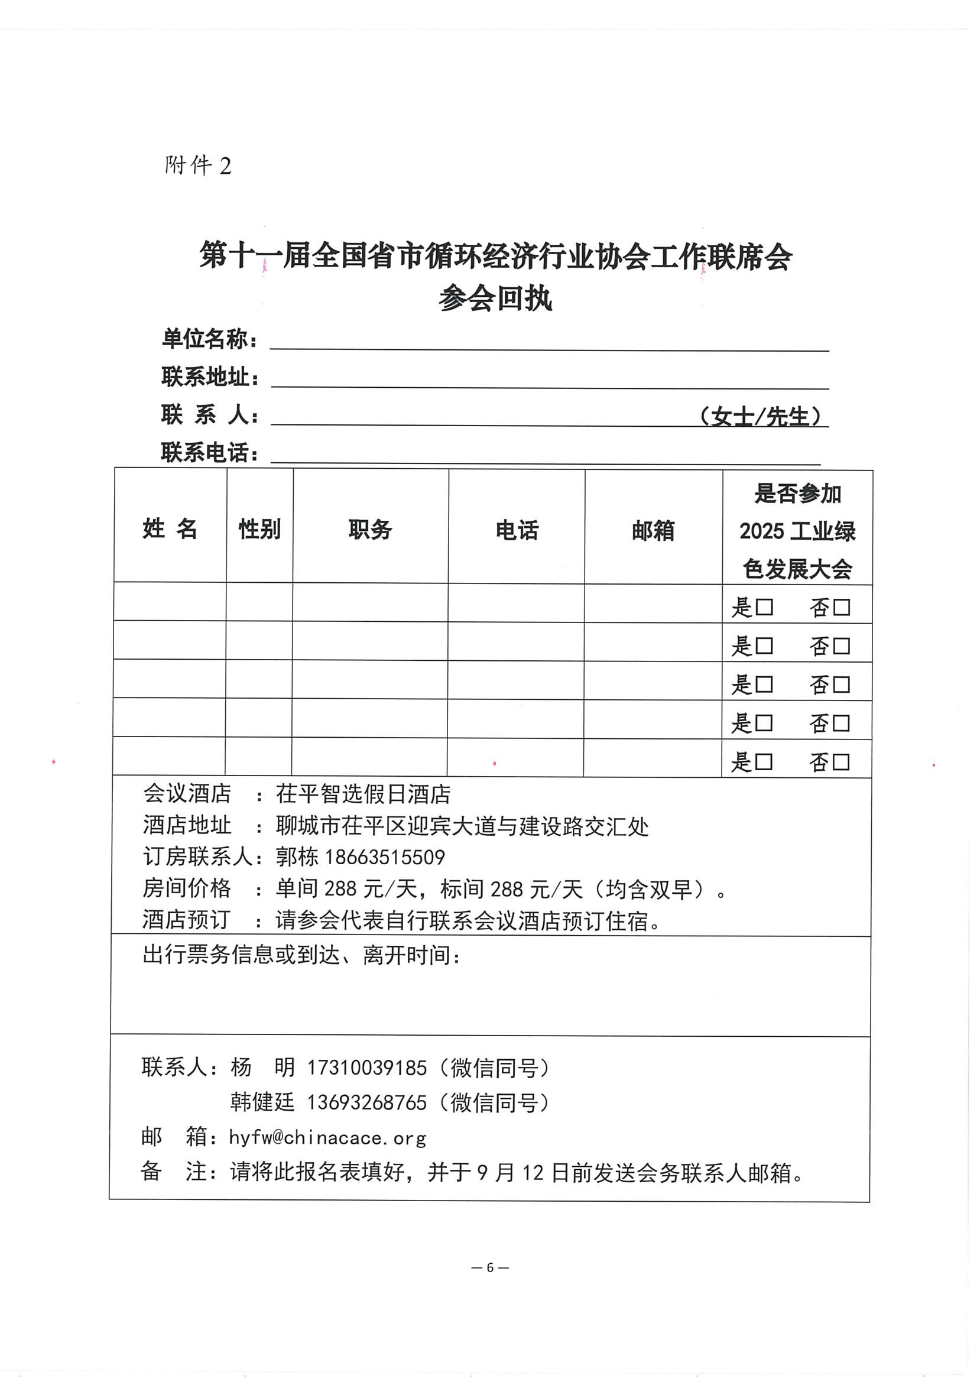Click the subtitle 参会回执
pos(495,299)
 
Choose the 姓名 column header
pos(170,528)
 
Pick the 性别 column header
pos(259,529)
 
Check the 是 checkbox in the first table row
pos(764,606)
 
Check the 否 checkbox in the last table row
pos(841,762)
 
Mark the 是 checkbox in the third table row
pos(764,684)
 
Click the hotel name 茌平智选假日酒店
pos(363,794)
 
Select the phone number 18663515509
pos(385,857)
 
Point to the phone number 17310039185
pos(366,1067)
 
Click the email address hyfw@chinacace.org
pos(327,1138)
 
